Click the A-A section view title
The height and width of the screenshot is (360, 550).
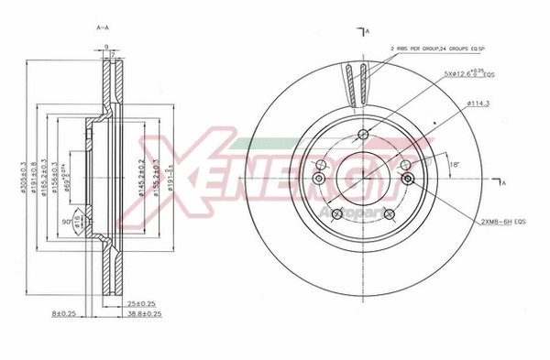(104, 29)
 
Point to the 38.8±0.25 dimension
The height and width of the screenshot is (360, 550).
(145, 313)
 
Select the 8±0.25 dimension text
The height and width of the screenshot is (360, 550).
(63, 313)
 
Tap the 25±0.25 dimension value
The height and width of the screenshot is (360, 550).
(139, 302)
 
